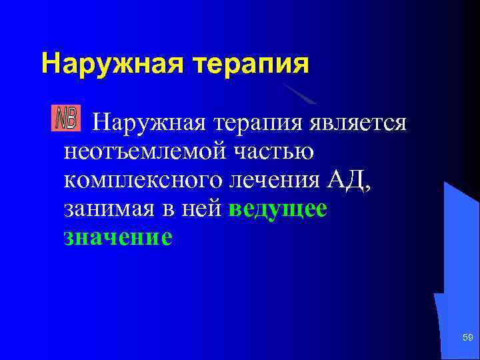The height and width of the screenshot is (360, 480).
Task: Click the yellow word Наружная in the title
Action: click(x=112, y=64)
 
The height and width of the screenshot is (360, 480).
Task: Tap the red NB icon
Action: click(x=66, y=119)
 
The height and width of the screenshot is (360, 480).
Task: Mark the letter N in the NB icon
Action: click(x=61, y=119)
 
